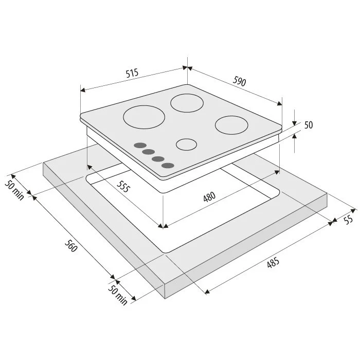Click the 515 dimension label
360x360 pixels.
click(132, 73)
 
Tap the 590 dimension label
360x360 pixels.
click(240, 81)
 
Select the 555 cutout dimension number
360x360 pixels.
click(123, 186)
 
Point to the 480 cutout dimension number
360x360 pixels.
click(209, 197)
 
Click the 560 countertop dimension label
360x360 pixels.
click(70, 246)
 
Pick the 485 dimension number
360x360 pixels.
click(273, 262)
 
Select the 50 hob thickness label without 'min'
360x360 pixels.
click(309, 125)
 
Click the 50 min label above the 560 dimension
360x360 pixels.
click(14, 190)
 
